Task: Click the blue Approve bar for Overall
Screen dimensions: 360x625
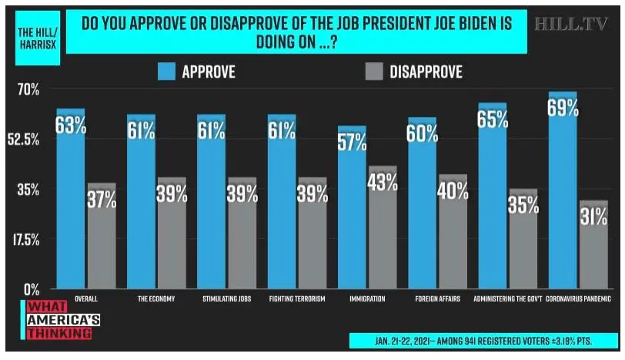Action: point(70,208)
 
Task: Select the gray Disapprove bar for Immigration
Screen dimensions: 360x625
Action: point(383,238)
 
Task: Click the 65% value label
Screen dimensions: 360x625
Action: point(493,120)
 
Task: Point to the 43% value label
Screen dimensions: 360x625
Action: point(383,182)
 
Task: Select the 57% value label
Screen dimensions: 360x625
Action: point(353,142)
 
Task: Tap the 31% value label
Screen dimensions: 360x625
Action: point(593,217)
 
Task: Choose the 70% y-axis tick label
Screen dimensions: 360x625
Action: point(28,89)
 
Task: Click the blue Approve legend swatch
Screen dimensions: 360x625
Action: point(166,72)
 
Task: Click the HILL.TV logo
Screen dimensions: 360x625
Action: point(571,24)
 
